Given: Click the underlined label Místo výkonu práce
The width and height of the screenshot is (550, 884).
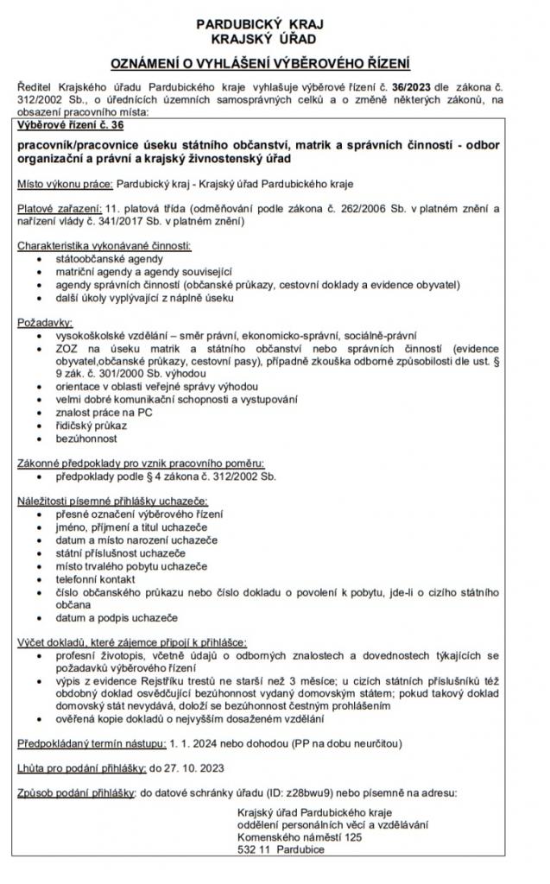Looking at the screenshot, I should [x=65, y=184].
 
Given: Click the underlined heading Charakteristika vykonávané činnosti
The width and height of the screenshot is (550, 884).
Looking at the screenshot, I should [x=104, y=246].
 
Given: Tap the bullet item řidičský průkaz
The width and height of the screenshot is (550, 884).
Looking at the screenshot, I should [x=91, y=426].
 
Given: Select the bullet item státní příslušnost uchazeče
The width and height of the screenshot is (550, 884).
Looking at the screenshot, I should [x=120, y=552].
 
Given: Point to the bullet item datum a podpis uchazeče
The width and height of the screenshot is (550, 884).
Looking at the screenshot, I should [x=116, y=618].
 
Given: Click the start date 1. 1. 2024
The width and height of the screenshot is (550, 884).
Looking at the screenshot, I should [x=199, y=742].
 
